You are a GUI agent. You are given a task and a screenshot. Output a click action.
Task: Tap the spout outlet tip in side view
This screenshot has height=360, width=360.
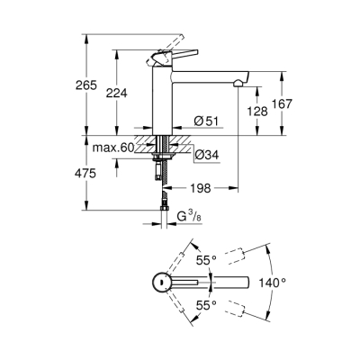click(x=236, y=82)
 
